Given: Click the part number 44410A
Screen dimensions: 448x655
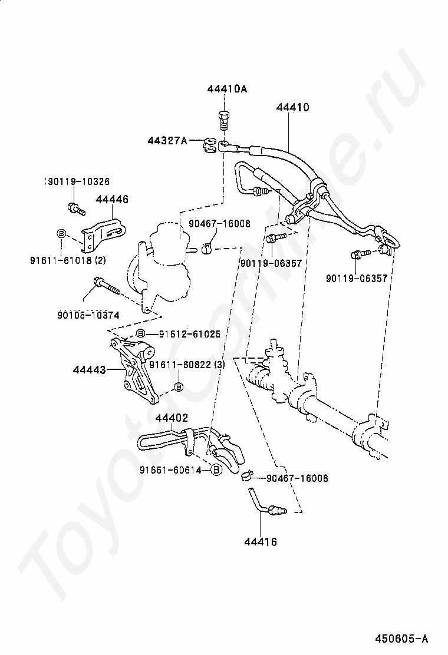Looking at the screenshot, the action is coord(227,90).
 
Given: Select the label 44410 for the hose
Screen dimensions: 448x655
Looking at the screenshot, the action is coord(292,108).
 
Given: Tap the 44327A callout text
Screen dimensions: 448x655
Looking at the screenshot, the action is coord(167,140).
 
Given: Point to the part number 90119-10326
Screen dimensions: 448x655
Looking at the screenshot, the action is coord(77,181).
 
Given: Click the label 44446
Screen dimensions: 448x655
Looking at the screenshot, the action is coord(111,200).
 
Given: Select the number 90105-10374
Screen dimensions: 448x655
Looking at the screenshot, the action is coord(88,315).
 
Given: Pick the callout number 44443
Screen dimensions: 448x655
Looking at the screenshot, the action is coord(89,370).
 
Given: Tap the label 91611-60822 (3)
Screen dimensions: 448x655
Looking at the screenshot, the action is coord(187,365).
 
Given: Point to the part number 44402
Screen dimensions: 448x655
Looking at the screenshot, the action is coord(172,418).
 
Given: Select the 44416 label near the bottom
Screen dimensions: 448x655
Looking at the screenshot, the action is coord(261,541).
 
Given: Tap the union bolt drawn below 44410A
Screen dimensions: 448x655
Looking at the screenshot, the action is coord(223,120).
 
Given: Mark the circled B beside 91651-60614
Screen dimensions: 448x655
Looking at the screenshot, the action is coord(216,470).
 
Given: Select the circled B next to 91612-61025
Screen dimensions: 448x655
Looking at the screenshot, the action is coord(141,334).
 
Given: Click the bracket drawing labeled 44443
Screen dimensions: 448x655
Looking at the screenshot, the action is coord(134,371).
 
